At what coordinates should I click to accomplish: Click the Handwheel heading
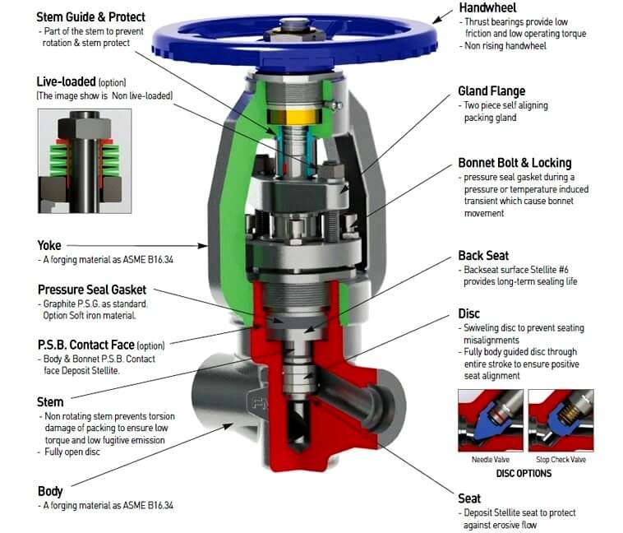click(487, 7)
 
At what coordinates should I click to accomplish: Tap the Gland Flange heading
click(491, 91)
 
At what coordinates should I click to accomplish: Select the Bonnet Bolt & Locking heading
click(515, 163)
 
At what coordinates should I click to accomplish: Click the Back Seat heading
click(483, 255)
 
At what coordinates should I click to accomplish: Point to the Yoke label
click(49, 245)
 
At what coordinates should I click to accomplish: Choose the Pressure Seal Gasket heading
click(92, 290)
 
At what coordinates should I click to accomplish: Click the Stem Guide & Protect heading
click(90, 17)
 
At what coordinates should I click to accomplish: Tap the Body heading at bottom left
click(50, 491)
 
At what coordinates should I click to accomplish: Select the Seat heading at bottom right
click(469, 498)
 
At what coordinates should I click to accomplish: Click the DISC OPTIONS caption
click(524, 473)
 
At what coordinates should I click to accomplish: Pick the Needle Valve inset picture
click(491, 420)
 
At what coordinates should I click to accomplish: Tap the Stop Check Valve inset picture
click(561, 420)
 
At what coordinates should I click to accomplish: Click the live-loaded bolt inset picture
click(85, 161)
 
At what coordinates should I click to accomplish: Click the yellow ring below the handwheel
click(293, 116)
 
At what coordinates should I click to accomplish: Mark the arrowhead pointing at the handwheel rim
click(437, 20)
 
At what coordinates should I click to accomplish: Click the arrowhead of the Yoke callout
click(203, 246)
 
